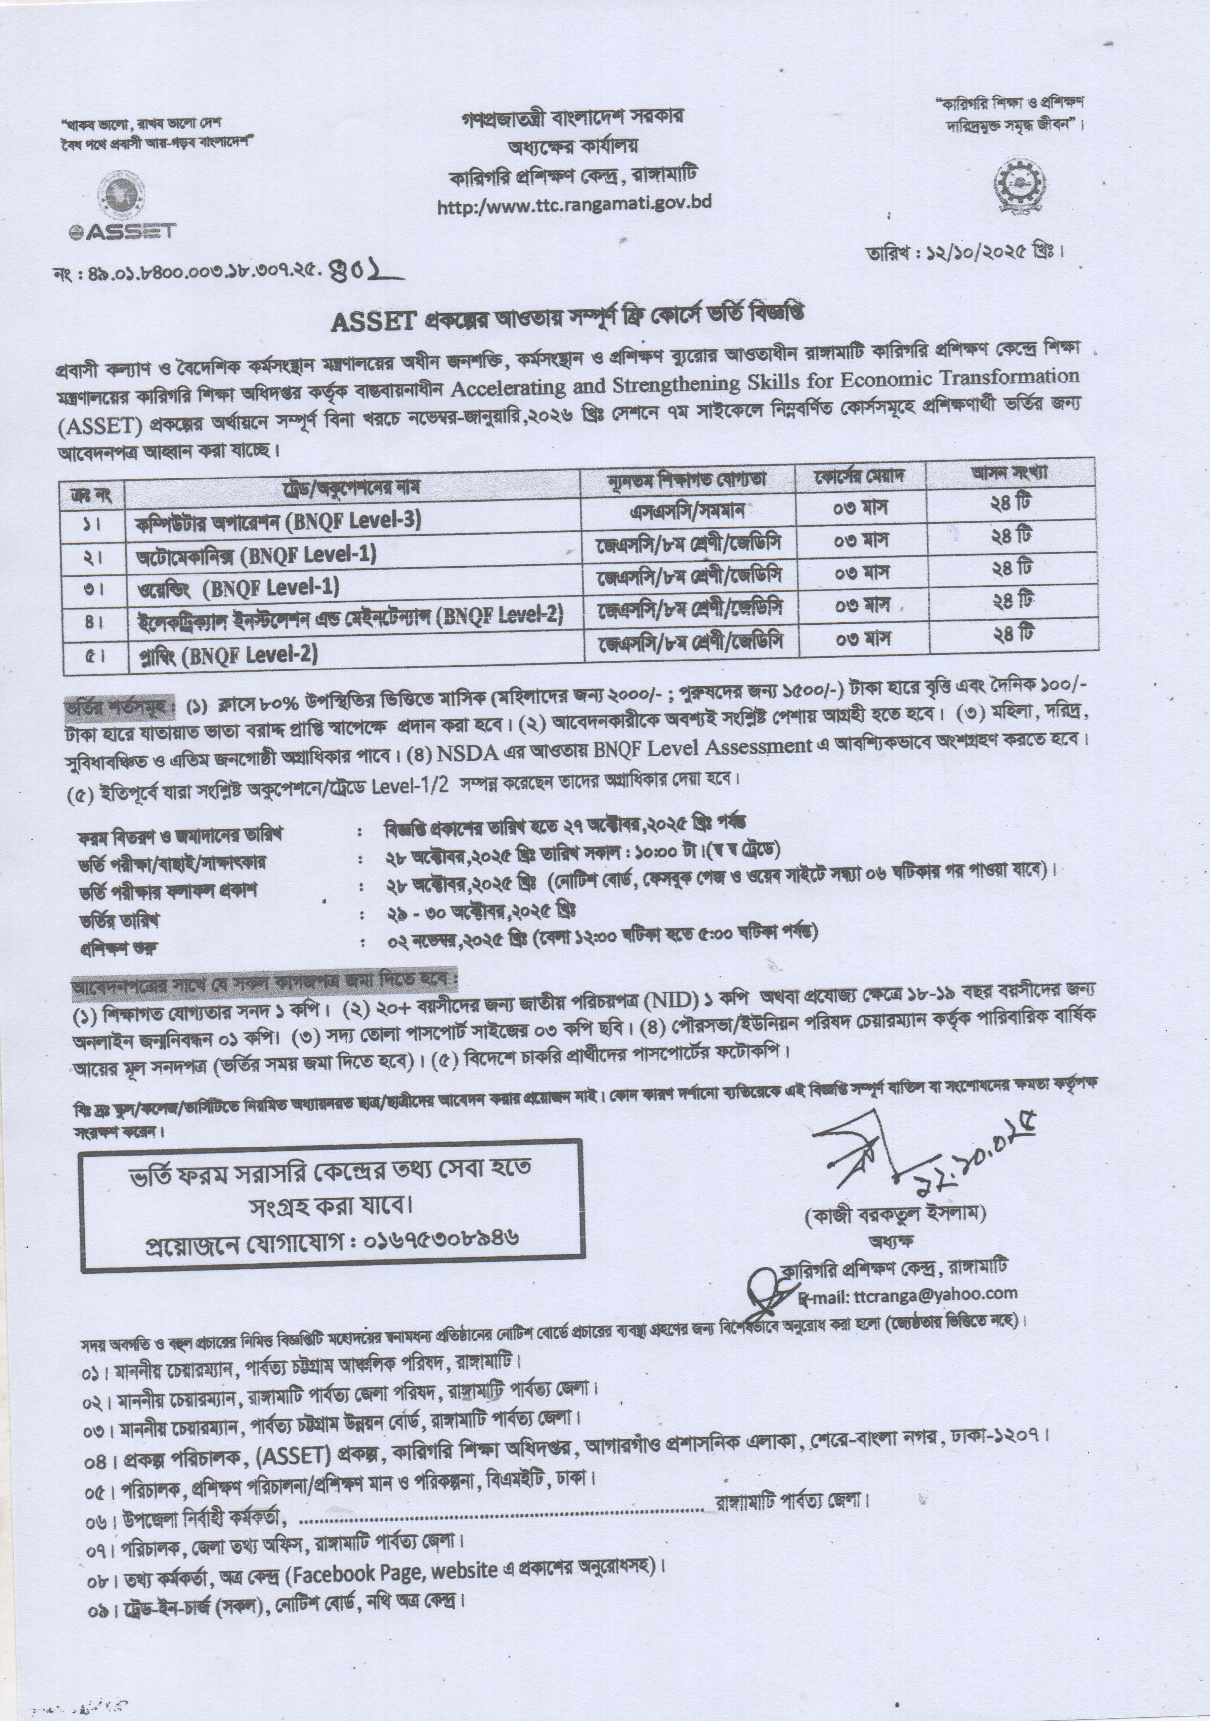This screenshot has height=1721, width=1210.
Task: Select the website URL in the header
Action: [x=574, y=203]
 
